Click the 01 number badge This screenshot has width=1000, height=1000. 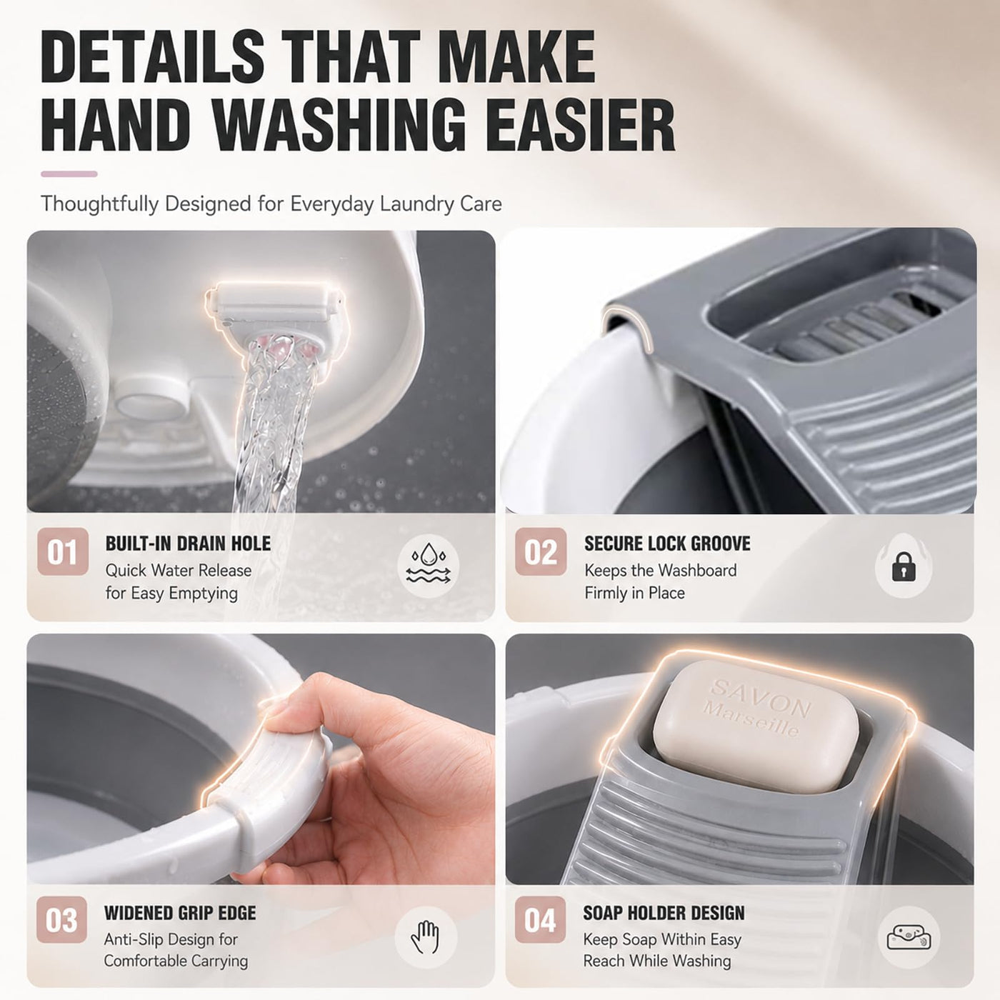tap(63, 551)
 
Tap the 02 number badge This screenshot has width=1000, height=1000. tap(541, 551)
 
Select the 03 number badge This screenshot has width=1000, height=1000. tap(61, 920)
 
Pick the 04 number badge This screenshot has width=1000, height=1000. tap(540, 920)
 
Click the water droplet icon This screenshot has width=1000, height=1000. tap(428, 566)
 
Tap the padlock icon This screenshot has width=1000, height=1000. tap(904, 566)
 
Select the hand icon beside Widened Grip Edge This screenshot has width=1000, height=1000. tap(426, 937)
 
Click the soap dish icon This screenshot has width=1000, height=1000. tap(909, 938)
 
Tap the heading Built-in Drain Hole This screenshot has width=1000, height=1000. tap(188, 544)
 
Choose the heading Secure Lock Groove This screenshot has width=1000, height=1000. tap(667, 544)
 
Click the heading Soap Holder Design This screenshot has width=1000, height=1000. tap(664, 913)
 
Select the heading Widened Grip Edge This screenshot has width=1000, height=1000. tap(180, 913)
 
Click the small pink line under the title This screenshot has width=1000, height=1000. tap(69, 174)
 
